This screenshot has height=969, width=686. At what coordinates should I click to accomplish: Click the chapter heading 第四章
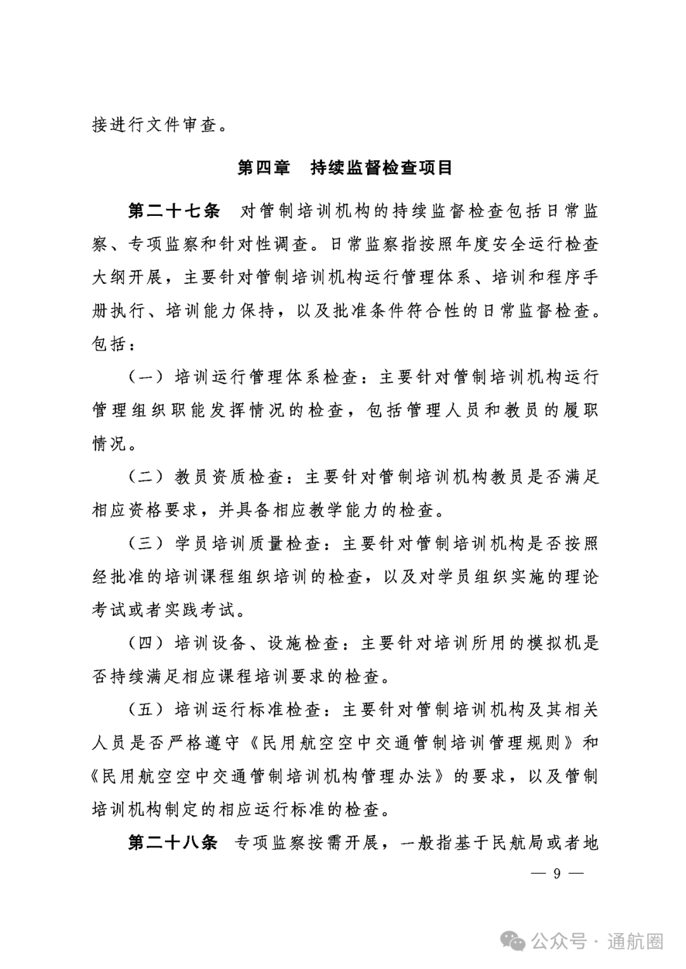pyautogui.click(x=263, y=168)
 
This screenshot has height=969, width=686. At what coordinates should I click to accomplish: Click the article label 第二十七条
pyautogui.click(x=173, y=211)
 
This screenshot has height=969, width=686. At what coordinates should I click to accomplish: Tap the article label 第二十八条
pyautogui.click(x=173, y=843)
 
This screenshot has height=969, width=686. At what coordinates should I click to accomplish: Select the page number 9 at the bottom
pyautogui.click(x=556, y=873)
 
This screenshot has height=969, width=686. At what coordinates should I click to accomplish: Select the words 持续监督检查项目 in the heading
pyautogui.click(x=382, y=168)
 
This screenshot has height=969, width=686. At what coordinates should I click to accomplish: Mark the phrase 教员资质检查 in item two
pyautogui.click(x=229, y=477)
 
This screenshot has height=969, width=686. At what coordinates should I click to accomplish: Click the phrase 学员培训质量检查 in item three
pyautogui.click(x=248, y=544)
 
